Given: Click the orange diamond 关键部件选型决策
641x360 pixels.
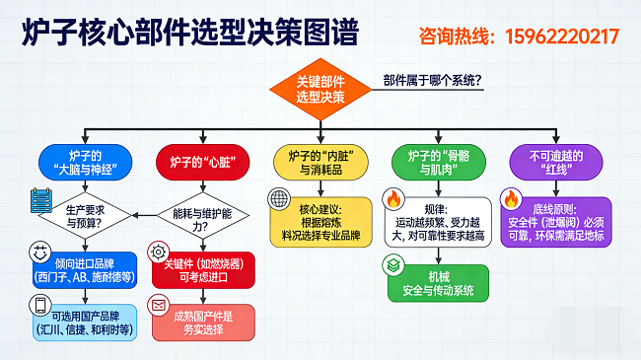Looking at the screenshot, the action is [x=320, y=90].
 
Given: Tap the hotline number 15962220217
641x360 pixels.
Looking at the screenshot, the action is [x=562, y=36].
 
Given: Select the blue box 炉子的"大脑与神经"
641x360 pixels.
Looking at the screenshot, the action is [x=85, y=163].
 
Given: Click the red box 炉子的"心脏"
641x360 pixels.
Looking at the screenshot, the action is [x=203, y=163].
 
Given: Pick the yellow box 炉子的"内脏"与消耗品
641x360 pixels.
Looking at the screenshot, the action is [x=320, y=163].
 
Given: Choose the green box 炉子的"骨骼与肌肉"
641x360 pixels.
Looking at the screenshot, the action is [x=439, y=163].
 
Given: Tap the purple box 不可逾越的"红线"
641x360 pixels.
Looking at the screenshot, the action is [x=556, y=163].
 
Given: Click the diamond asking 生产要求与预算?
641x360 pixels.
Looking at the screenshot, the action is [x=85, y=216].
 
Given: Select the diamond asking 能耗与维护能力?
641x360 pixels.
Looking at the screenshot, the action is [x=203, y=216].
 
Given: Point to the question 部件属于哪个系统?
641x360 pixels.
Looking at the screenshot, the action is [x=433, y=80].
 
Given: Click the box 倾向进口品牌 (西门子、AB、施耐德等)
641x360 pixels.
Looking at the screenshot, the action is [x=85, y=270].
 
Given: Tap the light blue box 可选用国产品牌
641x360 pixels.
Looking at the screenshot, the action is [x=85, y=323].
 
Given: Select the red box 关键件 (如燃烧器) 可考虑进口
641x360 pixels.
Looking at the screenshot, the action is [x=203, y=270].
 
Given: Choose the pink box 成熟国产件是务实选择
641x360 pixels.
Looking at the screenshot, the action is [x=203, y=323].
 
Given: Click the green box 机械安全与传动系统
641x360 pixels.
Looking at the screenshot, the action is [x=438, y=283].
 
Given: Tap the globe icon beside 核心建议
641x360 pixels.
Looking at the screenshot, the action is [x=279, y=198].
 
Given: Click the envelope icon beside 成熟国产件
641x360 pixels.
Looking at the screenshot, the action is [x=158, y=305].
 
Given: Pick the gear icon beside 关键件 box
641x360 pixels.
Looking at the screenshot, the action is [x=158, y=252].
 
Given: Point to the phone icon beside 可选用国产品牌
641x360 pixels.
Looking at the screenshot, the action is [x=40, y=305].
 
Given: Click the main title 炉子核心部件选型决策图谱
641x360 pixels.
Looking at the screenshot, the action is [x=190, y=32].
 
